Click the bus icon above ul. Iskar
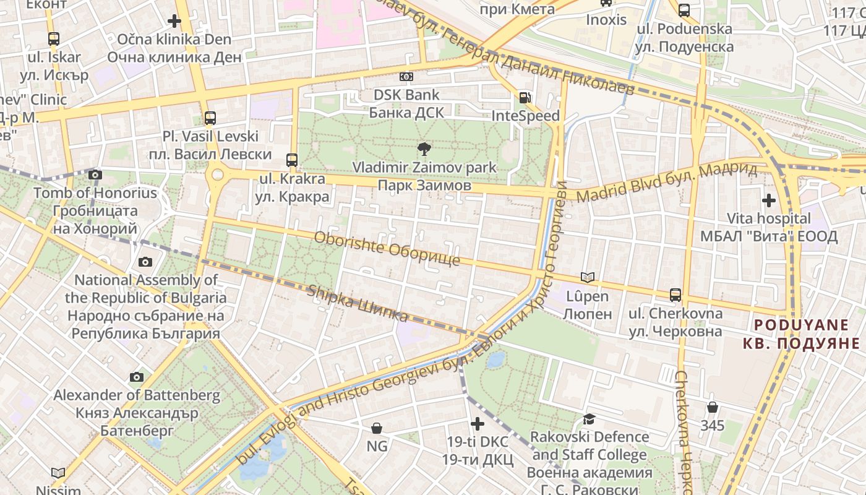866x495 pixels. (54, 39)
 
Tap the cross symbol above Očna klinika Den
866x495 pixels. (174, 21)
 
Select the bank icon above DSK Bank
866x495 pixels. (406, 77)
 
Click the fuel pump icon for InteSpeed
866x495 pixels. (525, 97)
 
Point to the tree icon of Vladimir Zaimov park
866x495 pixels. (424, 148)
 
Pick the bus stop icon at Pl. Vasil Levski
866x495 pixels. (210, 118)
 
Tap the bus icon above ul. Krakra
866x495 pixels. (292, 160)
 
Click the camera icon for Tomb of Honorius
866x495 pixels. (95, 175)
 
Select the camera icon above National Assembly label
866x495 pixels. (145, 262)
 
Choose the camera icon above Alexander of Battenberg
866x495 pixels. (137, 377)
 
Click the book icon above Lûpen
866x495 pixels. (587, 278)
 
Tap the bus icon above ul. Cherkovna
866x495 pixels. (675, 295)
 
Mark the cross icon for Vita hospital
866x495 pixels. (769, 200)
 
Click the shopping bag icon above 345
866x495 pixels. (713, 407)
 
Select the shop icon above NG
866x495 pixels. (377, 428)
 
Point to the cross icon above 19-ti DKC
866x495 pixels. (478, 424)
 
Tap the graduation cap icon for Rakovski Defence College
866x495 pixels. (589, 419)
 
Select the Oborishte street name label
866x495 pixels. (387, 249)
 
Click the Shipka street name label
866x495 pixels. (358, 304)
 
